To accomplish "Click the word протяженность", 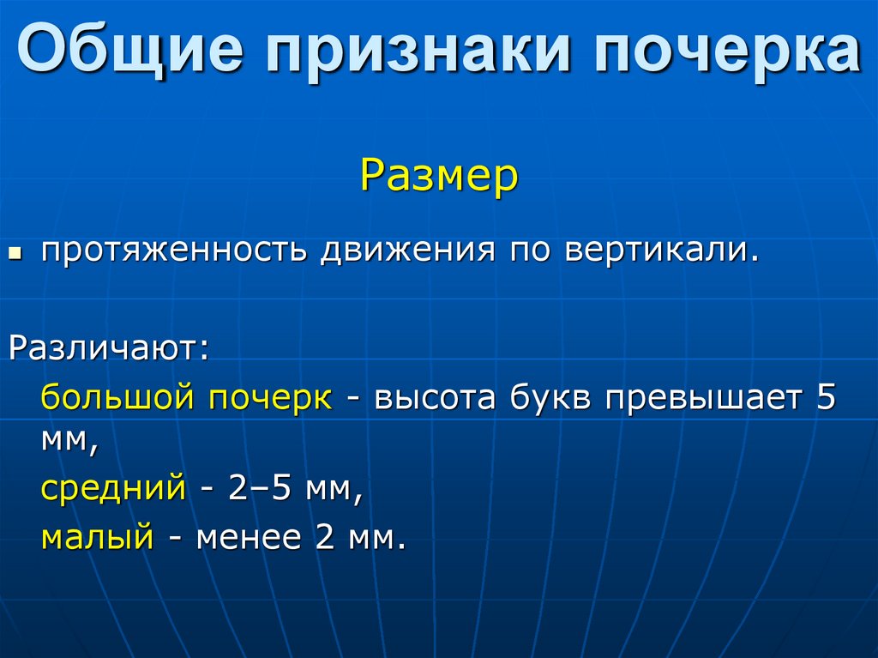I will (x=174, y=252).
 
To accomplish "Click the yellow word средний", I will (x=112, y=489).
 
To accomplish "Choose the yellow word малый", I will (x=97, y=538).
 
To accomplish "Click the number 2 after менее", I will (x=324, y=538).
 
